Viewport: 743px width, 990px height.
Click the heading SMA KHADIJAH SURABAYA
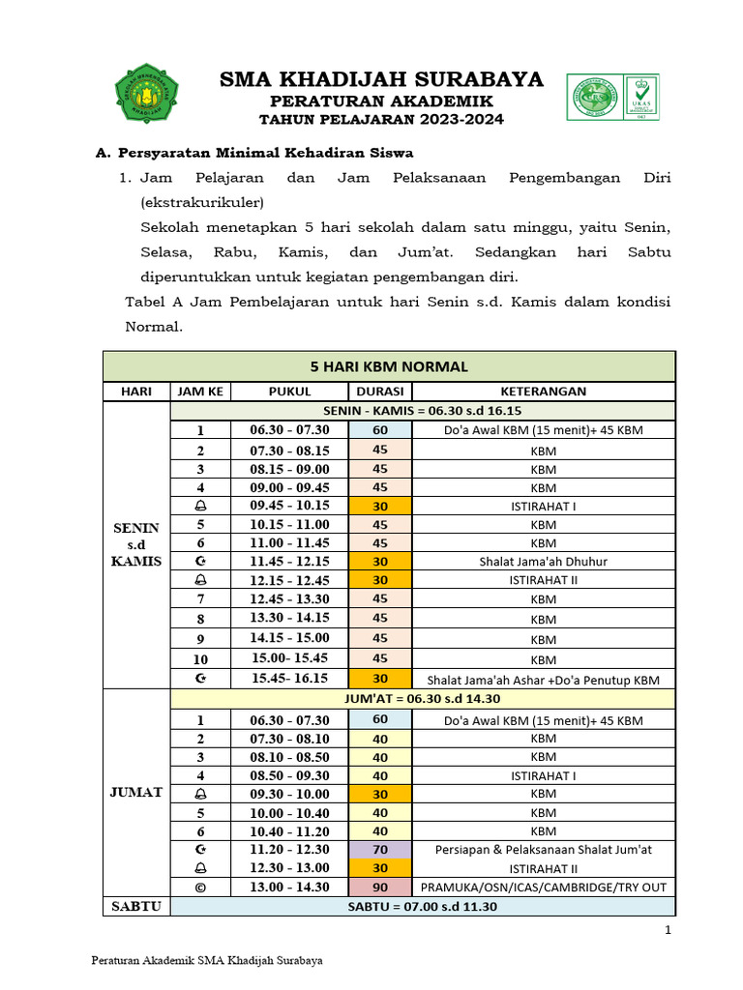[x=381, y=79]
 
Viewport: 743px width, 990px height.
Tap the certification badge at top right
[x=611, y=98]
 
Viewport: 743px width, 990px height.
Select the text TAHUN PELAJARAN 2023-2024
[x=381, y=119]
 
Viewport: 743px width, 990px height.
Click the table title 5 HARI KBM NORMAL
[x=389, y=366]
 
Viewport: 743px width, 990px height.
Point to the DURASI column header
[x=380, y=392]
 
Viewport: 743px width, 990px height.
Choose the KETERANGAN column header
[x=543, y=392]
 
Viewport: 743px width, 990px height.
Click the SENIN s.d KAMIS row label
[x=136, y=543]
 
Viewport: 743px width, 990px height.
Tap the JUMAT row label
[x=136, y=791]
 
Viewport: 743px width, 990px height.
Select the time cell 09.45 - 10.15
[x=290, y=505]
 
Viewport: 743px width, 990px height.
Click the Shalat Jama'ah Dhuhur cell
[x=543, y=561]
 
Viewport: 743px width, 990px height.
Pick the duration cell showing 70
[x=380, y=850]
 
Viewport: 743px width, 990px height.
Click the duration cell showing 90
[x=380, y=887]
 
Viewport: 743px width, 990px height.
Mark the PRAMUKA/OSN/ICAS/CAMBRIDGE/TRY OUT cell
[x=543, y=887]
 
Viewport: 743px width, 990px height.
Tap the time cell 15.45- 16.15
[x=290, y=678]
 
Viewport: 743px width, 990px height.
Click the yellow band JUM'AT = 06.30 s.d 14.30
[x=423, y=698]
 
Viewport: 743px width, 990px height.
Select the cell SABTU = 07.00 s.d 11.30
[x=423, y=906]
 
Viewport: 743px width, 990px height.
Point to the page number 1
[x=668, y=930]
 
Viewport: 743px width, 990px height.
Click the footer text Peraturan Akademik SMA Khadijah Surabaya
[x=206, y=961]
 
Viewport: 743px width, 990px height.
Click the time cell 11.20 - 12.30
[x=290, y=850]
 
